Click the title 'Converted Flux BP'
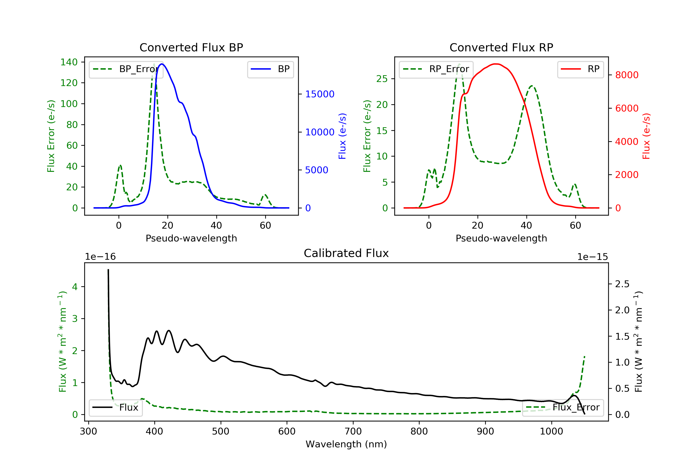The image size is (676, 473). point(191,47)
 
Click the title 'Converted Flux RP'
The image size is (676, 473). point(501,47)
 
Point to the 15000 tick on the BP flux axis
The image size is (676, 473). point(320,94)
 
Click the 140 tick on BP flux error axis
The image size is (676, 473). point(69,62)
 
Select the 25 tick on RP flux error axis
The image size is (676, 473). point(382,79)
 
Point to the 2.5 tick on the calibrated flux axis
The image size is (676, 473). point(622,284)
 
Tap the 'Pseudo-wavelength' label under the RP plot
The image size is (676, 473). point(501,238)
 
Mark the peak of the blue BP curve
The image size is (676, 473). point(162,64)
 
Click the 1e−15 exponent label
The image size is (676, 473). point(592,257)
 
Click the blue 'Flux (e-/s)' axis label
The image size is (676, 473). point(342,136)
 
